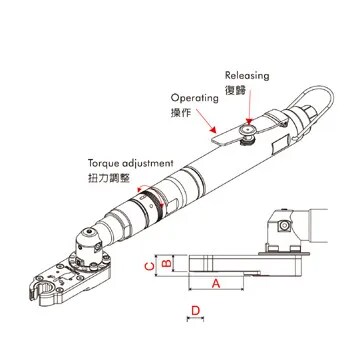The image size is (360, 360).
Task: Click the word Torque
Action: [x=103, y=160]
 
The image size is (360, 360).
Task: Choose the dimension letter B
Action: [x=167, y=263]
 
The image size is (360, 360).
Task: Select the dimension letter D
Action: [x=196, y=310]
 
